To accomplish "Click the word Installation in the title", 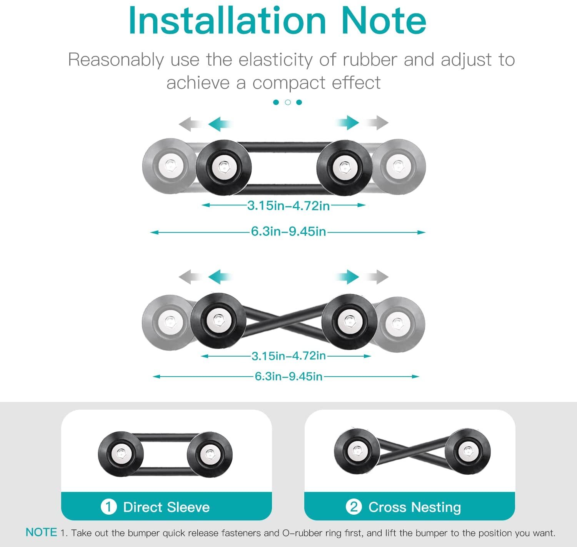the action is (x=227, y=20).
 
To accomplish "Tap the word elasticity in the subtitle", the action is (x=275, y=60).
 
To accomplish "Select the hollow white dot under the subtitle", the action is (x=288, y=102).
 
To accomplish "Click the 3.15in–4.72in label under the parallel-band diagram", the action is (x=288, y=205).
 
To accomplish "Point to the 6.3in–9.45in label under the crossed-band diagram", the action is (x=288, y=377).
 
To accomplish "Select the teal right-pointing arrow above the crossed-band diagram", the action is (x=347, y=277).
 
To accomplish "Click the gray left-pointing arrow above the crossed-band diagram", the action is (x=191, y=277).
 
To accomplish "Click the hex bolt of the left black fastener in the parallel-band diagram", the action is (x=223, y=168).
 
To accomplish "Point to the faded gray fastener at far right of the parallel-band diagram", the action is (x=398, y=166).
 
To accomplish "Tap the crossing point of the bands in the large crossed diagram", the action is (x=284, y=320).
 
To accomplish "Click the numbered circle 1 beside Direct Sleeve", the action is (x=108, y=507).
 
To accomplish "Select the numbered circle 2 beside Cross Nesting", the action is (x=354, y=507).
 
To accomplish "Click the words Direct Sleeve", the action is (x=167, y=507).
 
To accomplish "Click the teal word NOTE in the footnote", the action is (x=42, y=532).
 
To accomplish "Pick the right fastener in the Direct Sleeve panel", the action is (x=210, y=455).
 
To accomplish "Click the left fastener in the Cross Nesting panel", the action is (x=357, y=451).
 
